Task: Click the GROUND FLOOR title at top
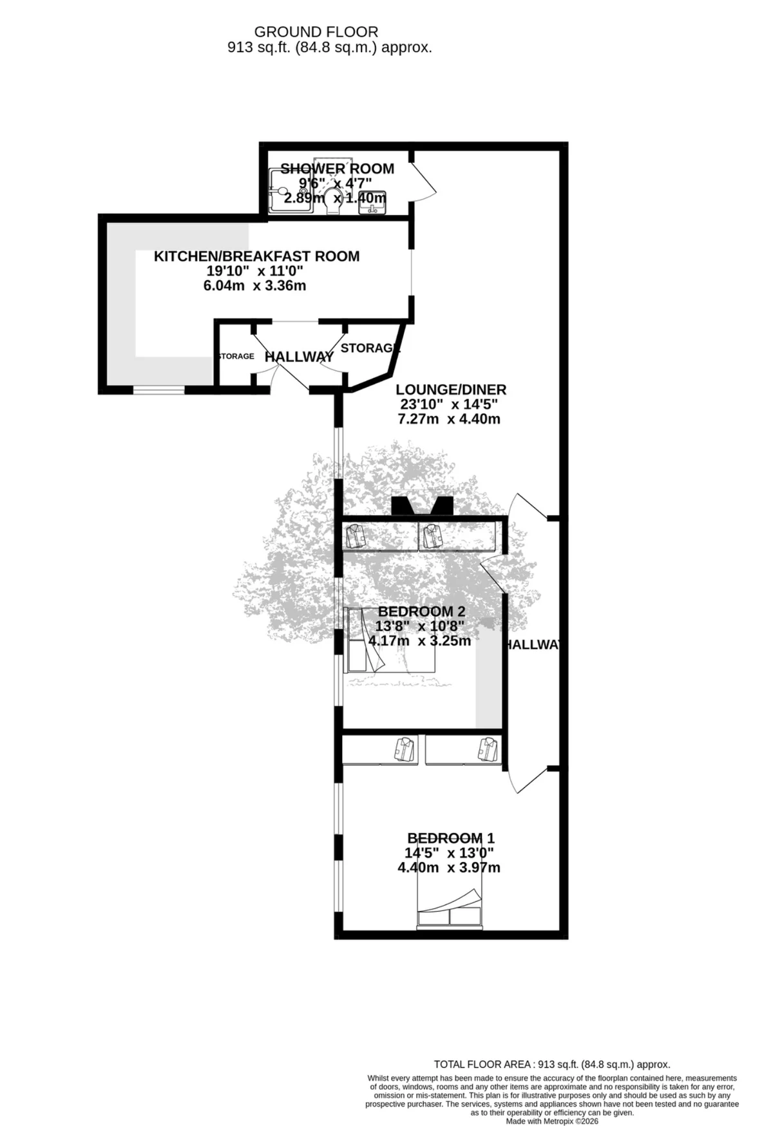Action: tap(316, 32)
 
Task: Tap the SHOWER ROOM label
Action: tap(337, 169)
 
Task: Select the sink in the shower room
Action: tap(372, 202)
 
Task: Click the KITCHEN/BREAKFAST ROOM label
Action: tap(256, 256)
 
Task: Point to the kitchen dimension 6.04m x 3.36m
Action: tap(254, 285)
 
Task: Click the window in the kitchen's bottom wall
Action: tap(159, 389)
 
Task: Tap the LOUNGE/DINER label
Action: tap(451, 389)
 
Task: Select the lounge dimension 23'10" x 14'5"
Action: tap(449, 404)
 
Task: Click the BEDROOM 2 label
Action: tap(421, 611)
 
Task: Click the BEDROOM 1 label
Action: tap(450, 838)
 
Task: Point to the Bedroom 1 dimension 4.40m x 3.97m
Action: tap(449, 867)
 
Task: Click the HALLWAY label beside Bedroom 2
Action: tap(532, 645)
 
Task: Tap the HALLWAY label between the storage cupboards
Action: tap(299, 357)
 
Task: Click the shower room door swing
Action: tap(424, 176)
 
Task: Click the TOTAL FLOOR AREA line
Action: tap(552, 1064)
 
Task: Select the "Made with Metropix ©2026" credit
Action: tap(552, 1121)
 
